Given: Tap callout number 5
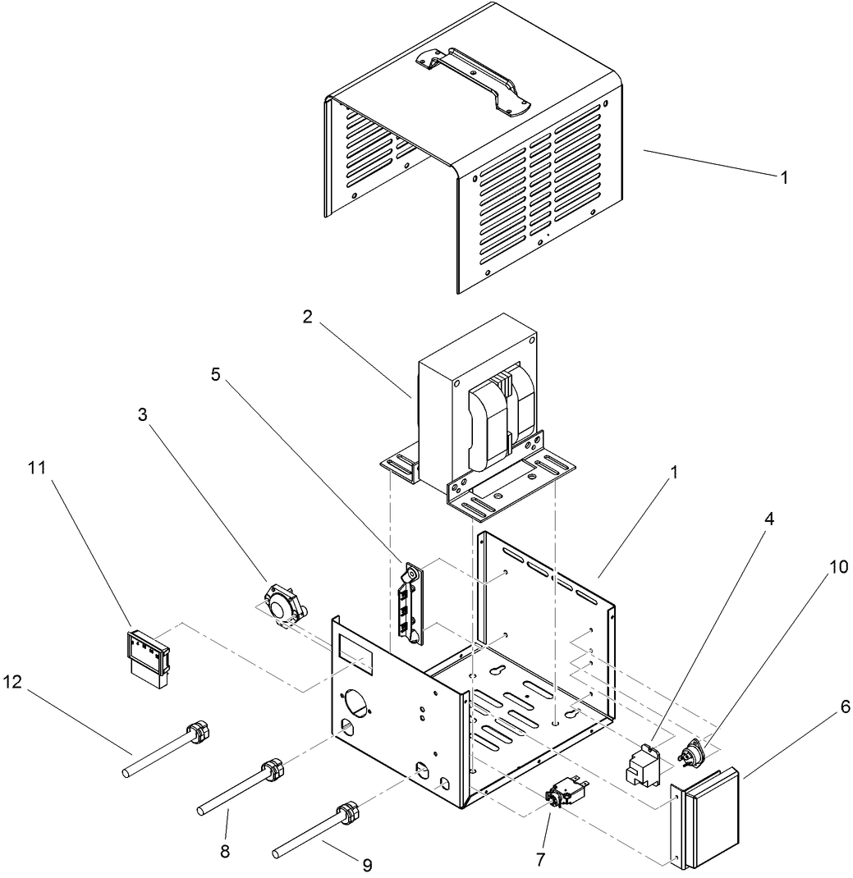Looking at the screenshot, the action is [x=216, y=375].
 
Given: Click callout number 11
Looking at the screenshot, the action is [x=37, y=468].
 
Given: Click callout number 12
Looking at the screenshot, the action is [x=12, y=682].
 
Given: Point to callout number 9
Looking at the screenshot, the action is [x=367, y=865].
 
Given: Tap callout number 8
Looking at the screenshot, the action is [x=225, y=852].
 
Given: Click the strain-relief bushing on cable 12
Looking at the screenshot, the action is [x=199, y=732].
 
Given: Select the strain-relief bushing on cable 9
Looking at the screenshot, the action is [x=350, y=812].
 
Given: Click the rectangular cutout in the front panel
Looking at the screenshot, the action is [x=355, y=656].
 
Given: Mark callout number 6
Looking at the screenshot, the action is [x=845, y=707].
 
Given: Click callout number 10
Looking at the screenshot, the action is [x=838, y=567].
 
